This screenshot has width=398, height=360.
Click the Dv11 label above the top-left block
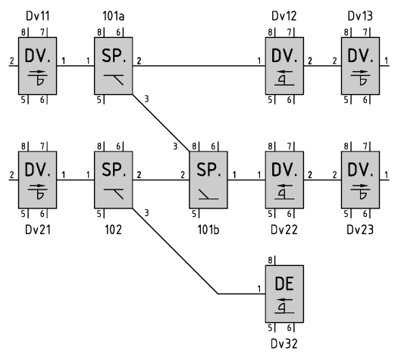pyautogui.click(x=38, y=16)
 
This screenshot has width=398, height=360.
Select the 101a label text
pyautogui.click(x=113, y=16)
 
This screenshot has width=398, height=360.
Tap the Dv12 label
pyautogui.click(x=284, y=16)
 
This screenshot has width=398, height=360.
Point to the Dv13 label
pyautogui.click(x=360, y=16)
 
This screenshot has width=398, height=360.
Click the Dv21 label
pyautogui.click(x=38, y=230)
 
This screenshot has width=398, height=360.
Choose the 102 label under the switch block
pyautogui.click(x=113, y=230)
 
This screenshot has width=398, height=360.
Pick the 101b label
pyautogui.click(x=208, y=230)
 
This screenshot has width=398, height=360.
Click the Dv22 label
pyautogui.click(x=284, y=230)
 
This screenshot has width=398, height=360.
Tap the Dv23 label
pyautogui.click(x=360, y=230)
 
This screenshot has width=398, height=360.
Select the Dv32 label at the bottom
pyautogui.click(x=284, y=344)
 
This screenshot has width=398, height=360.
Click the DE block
pyautogui.click(x=284, y=294)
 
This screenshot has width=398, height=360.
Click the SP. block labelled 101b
pyautogui.click(x=208, y=180)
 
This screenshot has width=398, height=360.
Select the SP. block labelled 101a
pyautogui.click(x=114, y=66)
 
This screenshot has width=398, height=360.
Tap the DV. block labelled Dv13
pyautogui.click(x=360, y=66)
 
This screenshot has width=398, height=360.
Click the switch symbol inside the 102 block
pyautogui.click(x=114, y=194)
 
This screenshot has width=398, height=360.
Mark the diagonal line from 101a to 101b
pyautogui.click(x=161, y=123)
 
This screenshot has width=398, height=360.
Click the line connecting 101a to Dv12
pyautogui.click(x=199, y=66)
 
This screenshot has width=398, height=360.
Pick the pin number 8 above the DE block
pyautogui.click(x=270, y=260)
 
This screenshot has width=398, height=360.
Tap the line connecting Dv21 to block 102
pyautogui.click(x=75, y=180)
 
